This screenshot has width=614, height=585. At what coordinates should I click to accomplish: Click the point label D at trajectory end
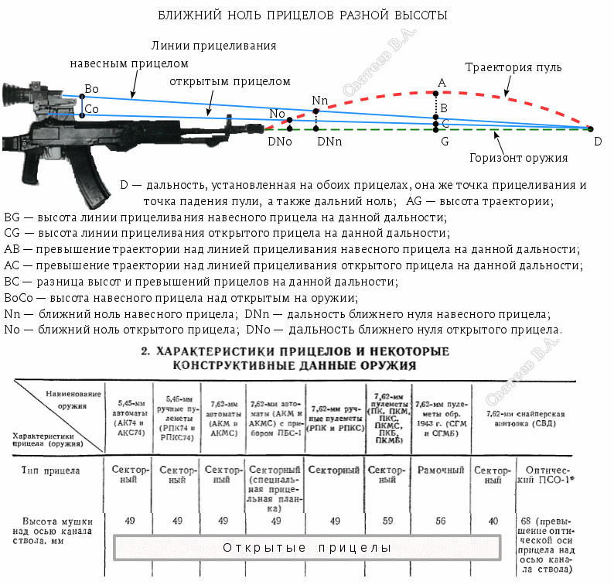597,142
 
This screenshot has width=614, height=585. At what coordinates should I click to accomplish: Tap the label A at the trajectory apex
442,83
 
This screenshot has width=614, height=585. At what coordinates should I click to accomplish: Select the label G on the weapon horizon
444,142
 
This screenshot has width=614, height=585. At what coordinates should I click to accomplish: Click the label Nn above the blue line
319,101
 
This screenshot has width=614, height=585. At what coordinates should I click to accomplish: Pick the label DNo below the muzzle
279,142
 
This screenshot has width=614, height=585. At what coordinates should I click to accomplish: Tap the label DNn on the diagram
329,142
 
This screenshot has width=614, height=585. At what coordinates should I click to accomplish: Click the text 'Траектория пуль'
513,67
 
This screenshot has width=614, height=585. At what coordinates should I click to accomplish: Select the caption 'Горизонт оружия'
519,158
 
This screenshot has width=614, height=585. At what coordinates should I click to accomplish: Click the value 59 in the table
387,521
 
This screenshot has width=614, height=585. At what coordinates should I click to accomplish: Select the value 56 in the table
441,521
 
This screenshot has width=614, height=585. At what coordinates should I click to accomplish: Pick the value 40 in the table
493,521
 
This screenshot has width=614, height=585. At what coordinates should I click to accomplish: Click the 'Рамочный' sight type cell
441,470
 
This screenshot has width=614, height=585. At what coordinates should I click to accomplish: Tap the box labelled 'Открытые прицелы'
307,548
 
